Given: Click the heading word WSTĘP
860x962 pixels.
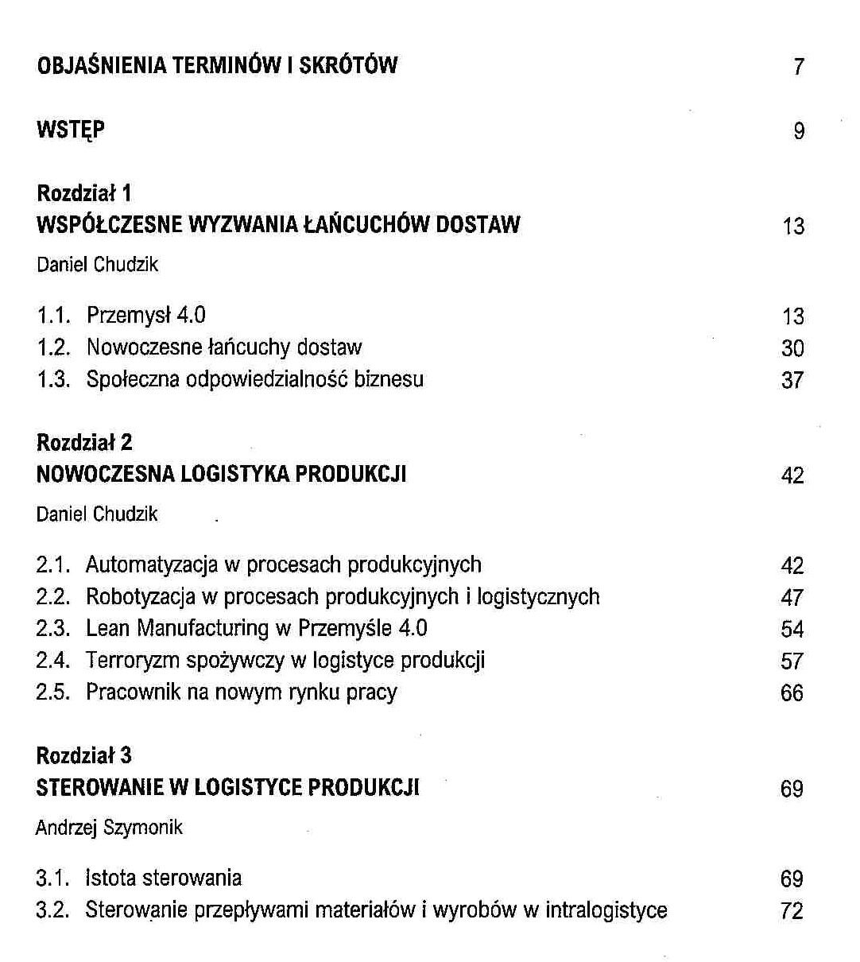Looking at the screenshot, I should click(x=71, y=130).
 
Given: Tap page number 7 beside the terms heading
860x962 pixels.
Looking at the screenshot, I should click(x=798, y=67).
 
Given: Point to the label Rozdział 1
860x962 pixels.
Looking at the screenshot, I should click(x=84, y=193).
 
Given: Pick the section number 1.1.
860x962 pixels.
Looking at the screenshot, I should click(x=53, y=316).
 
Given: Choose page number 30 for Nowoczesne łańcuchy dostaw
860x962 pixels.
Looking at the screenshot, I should click(x=792, y=348).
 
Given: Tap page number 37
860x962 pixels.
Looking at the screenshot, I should click(x=792, y=380).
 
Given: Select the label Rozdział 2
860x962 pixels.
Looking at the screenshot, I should click(x=84, y=443).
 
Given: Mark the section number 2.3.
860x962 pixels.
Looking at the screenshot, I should click(x=53, y=629).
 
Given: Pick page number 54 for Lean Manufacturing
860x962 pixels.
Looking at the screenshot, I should click(x=792, y=630).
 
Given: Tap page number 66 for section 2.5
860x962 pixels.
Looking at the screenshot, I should click(x=792, y=693).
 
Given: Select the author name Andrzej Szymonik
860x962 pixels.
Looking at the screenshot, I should click(x=109, y=828).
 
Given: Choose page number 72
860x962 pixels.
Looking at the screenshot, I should click(x=792, y=911).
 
